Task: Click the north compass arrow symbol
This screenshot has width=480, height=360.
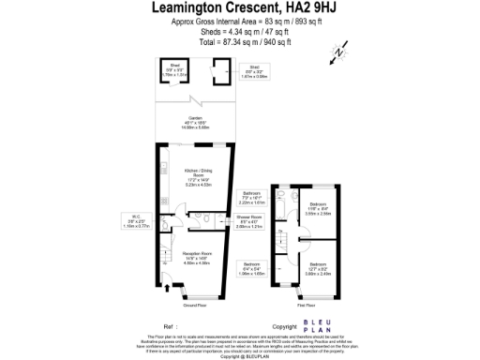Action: [335, 55]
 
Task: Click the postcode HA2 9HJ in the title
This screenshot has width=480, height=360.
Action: [308, 8]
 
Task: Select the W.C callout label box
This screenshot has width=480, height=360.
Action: [138, 224]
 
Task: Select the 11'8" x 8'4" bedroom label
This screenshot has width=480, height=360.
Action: [319, 209]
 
